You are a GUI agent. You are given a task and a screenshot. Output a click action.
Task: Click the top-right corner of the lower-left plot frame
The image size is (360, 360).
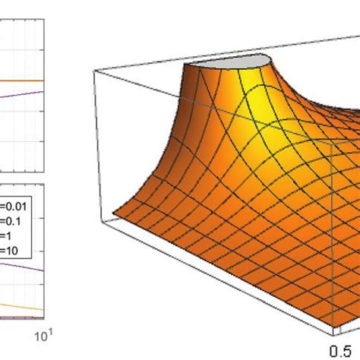(49, 182)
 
